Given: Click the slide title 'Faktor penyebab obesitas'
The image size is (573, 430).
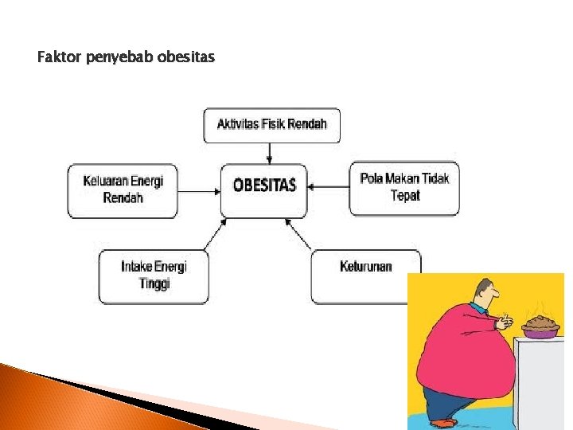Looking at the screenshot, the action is pyautogui.click(x=126, y=57).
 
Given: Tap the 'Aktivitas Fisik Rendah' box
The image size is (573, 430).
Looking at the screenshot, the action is pyautogui.click(x=271, y=125).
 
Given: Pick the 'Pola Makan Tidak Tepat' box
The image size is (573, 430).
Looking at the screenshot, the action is pyautogui.click(x=404, y=187).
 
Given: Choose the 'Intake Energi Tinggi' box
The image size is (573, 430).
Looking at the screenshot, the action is pyautogui.click(x=154, y=276).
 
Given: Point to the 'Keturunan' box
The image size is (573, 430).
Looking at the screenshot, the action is pyautogui.click(x=365, y=268).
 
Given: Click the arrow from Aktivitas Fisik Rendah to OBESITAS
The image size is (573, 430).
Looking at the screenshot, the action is pyautogui.click(x=270, y=154).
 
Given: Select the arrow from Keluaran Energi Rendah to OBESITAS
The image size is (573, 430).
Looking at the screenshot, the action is pyautogui.click(x=199, y=190).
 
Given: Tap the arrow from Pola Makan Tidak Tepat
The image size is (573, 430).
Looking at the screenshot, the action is pyautogui.click(x=328, y=187).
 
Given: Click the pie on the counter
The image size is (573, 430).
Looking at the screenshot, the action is pyautogui.click(x=541, y=326).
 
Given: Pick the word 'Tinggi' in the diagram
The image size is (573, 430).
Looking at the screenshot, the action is pyautogui.click(x=154, y=284).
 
